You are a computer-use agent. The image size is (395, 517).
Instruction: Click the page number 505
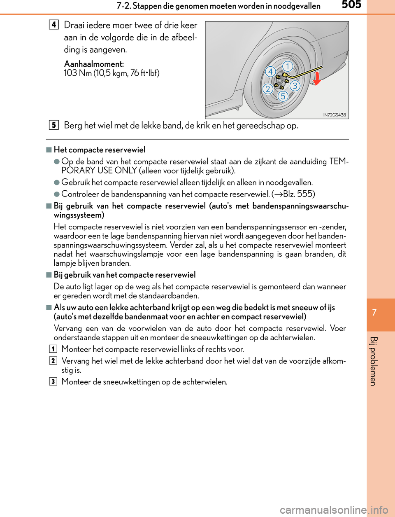(351, 5)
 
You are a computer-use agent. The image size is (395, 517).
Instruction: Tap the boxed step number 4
(53, 24)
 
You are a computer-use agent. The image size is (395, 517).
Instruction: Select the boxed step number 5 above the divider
(53, 125)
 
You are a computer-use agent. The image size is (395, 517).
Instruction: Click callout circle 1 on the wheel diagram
(288, 66)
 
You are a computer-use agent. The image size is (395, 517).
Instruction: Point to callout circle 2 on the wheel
(268, 89)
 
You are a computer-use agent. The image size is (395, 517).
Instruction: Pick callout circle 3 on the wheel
(295, 86)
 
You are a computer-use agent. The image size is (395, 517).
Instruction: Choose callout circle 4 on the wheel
(270, 72)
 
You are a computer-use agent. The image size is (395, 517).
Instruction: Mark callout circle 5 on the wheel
(283, 96)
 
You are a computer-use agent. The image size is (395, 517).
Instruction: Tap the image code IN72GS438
(335, 115)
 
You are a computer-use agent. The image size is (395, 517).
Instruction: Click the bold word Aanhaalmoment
(94, 64)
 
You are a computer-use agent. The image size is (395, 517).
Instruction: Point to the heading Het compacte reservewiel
(100, 150)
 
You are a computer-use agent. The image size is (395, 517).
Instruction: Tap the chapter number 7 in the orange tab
(374, 312)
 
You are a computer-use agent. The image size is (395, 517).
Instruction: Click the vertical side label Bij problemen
(373, 361)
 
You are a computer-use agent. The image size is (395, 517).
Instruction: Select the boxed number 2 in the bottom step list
(53, 361)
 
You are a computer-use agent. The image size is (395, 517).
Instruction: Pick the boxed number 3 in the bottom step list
(53, 381)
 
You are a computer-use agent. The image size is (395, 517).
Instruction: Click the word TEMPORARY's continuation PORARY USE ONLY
(99, 171)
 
